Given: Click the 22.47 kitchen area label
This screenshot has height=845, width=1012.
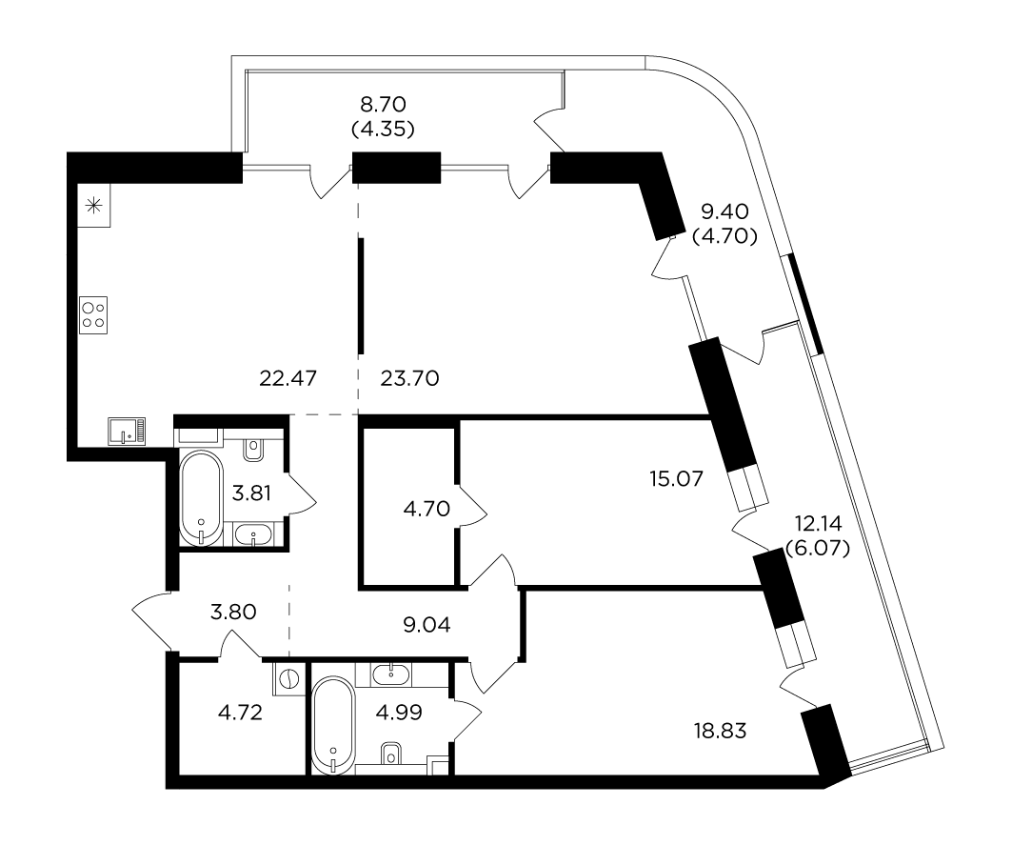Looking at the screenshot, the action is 288,378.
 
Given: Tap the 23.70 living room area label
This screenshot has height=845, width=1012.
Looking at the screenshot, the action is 409,378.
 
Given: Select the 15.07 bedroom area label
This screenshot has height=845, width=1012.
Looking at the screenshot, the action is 676,478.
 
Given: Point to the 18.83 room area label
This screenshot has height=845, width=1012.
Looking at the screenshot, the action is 721,731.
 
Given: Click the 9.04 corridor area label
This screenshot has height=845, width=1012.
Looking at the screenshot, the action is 427,625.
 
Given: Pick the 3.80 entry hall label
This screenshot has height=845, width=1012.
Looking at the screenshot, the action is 233,612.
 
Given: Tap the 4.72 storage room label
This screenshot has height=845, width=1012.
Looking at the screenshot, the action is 240,713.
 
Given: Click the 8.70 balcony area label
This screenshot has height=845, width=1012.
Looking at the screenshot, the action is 383,104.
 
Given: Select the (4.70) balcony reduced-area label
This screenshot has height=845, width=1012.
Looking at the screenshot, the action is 724,236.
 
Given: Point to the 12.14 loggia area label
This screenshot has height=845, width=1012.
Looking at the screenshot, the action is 818,523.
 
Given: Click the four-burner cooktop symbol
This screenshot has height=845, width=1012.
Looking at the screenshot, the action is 93,315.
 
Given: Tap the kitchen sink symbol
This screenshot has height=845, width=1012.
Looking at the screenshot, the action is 127,431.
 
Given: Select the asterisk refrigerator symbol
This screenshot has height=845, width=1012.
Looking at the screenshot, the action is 94,206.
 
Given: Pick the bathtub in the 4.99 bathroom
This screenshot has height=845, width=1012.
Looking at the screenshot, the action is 333,725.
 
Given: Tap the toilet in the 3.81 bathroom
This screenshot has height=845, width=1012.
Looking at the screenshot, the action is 253,451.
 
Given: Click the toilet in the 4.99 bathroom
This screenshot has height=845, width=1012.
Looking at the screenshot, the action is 391,754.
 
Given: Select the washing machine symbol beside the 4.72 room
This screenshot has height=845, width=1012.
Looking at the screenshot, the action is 288,678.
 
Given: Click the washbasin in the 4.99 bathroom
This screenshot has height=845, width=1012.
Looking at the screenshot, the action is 391,674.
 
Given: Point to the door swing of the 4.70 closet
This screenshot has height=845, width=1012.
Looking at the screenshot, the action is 472,509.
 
